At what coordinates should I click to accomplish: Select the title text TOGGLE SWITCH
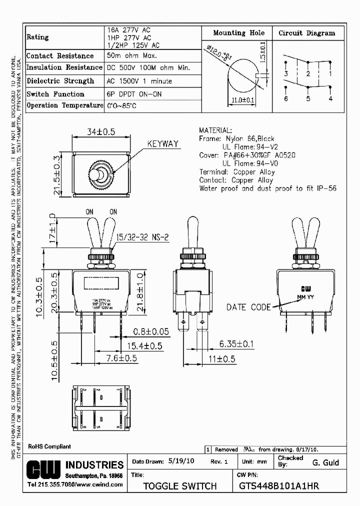(180, 485)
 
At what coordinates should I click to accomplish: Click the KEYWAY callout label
(162, 144)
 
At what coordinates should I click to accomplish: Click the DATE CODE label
(248, 307)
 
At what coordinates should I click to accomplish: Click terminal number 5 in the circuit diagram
(308, 98)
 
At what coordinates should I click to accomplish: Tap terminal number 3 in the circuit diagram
(286, 74)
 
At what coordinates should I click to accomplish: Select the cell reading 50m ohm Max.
(131, 56)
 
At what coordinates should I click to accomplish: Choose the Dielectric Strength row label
(60, 80)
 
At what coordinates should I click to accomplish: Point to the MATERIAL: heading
(215, 130)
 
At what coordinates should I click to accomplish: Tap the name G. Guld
(325, 463)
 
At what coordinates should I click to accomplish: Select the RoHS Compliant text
(49, 446)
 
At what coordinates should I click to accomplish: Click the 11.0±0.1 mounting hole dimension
(243, 100)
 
